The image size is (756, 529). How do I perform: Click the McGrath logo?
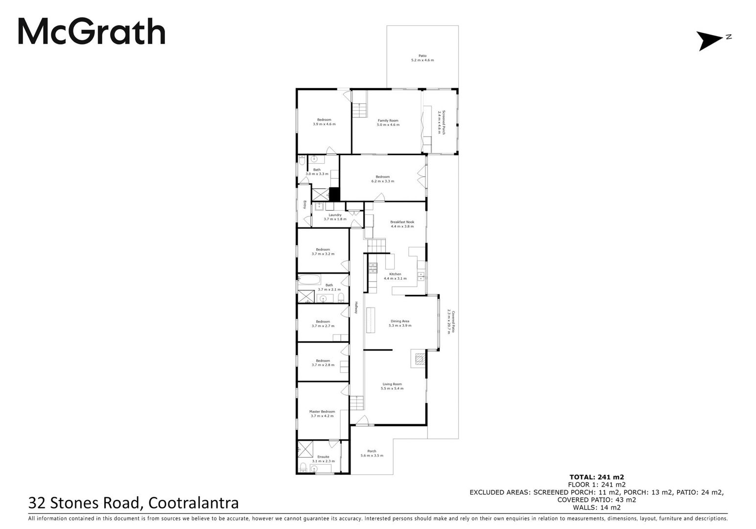[92, 31]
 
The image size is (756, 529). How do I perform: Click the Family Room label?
[388, 122]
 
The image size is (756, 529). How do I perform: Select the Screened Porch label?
[442, 122]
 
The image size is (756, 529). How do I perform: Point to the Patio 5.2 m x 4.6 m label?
[423, 58]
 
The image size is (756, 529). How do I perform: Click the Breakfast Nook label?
[402, 224]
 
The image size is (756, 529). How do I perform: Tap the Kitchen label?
[395, 276]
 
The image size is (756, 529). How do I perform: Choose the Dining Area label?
[400, 323]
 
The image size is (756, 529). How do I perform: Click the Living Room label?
[392, 386]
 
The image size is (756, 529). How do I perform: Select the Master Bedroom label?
[322, 414]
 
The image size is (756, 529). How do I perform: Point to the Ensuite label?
[323, 459]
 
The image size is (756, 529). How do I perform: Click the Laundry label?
[335, 216]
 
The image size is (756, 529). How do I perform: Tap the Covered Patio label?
[451, 322]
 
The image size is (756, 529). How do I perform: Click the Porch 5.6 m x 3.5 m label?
[372, 453]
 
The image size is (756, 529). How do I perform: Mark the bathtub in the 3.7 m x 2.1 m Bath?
[309, 280]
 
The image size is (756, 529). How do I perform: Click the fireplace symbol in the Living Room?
[420, 359]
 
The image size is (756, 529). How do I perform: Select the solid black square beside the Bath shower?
[334, 194]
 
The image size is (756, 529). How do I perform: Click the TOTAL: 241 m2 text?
[597, 477]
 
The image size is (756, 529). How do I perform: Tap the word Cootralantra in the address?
[193, 503]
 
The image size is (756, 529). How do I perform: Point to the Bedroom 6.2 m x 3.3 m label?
[383, 179]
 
